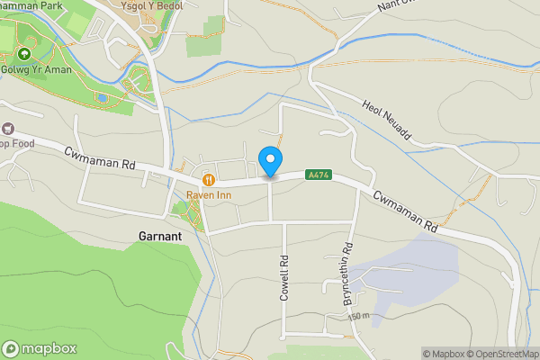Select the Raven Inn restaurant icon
tap(207, 178)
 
